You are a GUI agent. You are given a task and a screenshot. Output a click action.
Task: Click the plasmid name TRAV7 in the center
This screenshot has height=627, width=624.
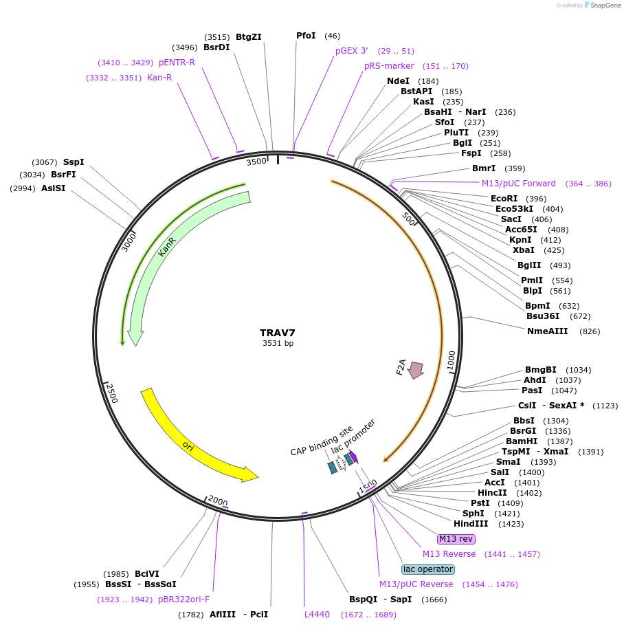coord(277,333)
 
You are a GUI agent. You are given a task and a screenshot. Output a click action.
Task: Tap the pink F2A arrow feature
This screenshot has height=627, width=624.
coord(416,370)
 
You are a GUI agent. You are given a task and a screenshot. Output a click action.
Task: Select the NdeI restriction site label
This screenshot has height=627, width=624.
coord(398,81)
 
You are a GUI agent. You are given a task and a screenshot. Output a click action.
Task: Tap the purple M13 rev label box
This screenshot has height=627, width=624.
coord(456,538)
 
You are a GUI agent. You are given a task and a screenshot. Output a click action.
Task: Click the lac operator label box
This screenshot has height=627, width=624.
coord(427,569)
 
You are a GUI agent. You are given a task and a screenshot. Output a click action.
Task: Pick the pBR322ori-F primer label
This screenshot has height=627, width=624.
coord(183,599)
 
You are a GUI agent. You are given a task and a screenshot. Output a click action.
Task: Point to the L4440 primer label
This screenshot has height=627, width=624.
coord(317,614)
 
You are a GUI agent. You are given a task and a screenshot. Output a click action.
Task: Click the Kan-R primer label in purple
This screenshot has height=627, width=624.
coord(159,78)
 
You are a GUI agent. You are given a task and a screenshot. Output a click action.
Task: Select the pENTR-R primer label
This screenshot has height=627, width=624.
coord(177,63)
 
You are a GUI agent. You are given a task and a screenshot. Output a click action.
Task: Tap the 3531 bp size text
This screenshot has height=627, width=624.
coord(278,343)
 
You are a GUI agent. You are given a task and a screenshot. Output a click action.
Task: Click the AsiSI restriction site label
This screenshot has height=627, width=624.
coord(53,188)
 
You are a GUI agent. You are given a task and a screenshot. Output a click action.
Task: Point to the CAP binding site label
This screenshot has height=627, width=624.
coord(321,441)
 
